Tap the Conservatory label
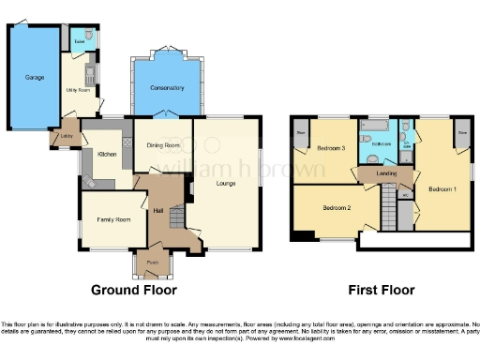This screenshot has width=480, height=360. [x=162, y=87]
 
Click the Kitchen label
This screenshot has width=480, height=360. [x=105, y=154]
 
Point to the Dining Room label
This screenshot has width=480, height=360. [x=163, y=145]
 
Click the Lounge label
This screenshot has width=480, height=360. [x=225, y=183]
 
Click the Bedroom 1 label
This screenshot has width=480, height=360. [x=442, y=188]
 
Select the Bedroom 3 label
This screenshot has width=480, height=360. [x=330, y=149]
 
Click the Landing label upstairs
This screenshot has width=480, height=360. [x=385, y=172]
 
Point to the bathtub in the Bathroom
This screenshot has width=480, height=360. [x=372, y=127]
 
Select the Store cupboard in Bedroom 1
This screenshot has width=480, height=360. [x=462, y=132]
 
